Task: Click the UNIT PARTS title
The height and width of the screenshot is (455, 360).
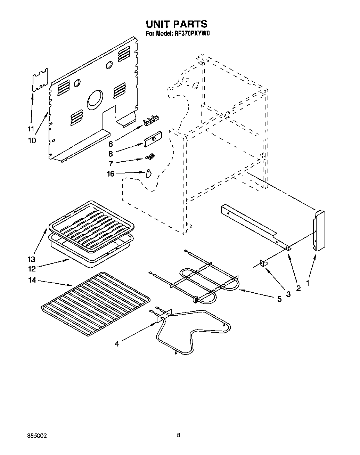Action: (176, 24)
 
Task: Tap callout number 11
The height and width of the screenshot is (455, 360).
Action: (31, 129)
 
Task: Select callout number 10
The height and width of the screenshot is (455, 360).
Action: (32, 140)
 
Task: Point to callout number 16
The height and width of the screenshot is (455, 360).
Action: (111, 174)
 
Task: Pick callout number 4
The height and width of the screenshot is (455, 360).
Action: (117, 344)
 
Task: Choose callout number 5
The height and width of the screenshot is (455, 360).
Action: (279, 299)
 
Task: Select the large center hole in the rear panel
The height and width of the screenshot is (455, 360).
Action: (95, 98)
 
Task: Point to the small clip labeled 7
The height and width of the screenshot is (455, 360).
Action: (150, 157)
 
